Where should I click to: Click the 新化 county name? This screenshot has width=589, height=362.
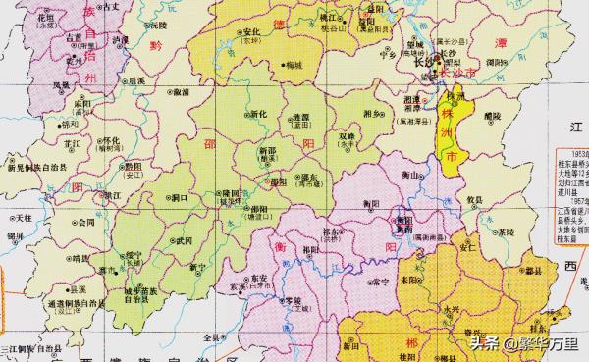coord(258,114)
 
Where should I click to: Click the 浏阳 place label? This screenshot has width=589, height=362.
coord(499,59)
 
